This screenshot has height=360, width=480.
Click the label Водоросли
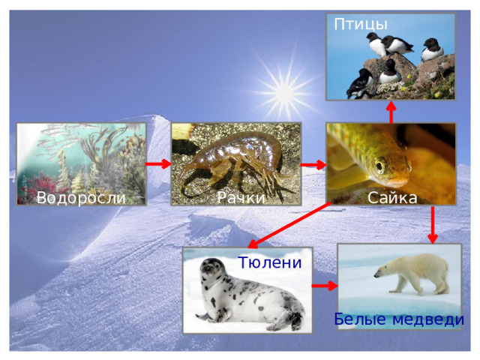(81, 198)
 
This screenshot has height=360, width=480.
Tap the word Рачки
(241, 198)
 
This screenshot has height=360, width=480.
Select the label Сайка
(392, 198)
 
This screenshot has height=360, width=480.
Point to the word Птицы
(361, 25)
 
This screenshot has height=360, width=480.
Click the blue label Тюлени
(270, 262)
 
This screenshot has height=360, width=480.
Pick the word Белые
(360, 319)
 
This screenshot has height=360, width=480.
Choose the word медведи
(428, 320)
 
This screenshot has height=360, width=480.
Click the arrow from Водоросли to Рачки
(158, 164)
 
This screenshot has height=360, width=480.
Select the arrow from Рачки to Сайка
(313, 165)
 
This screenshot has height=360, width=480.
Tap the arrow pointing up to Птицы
(391, 112)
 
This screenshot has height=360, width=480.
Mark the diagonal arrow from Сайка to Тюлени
(289, 225)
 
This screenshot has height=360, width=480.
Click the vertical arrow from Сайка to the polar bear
(433, 225)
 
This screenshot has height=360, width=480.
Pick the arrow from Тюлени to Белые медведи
(325, 286)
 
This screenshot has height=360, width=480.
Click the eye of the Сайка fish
(380, 166)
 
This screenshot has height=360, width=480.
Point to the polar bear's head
(382, 271)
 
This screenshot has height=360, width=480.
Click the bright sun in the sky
(285, 91)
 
